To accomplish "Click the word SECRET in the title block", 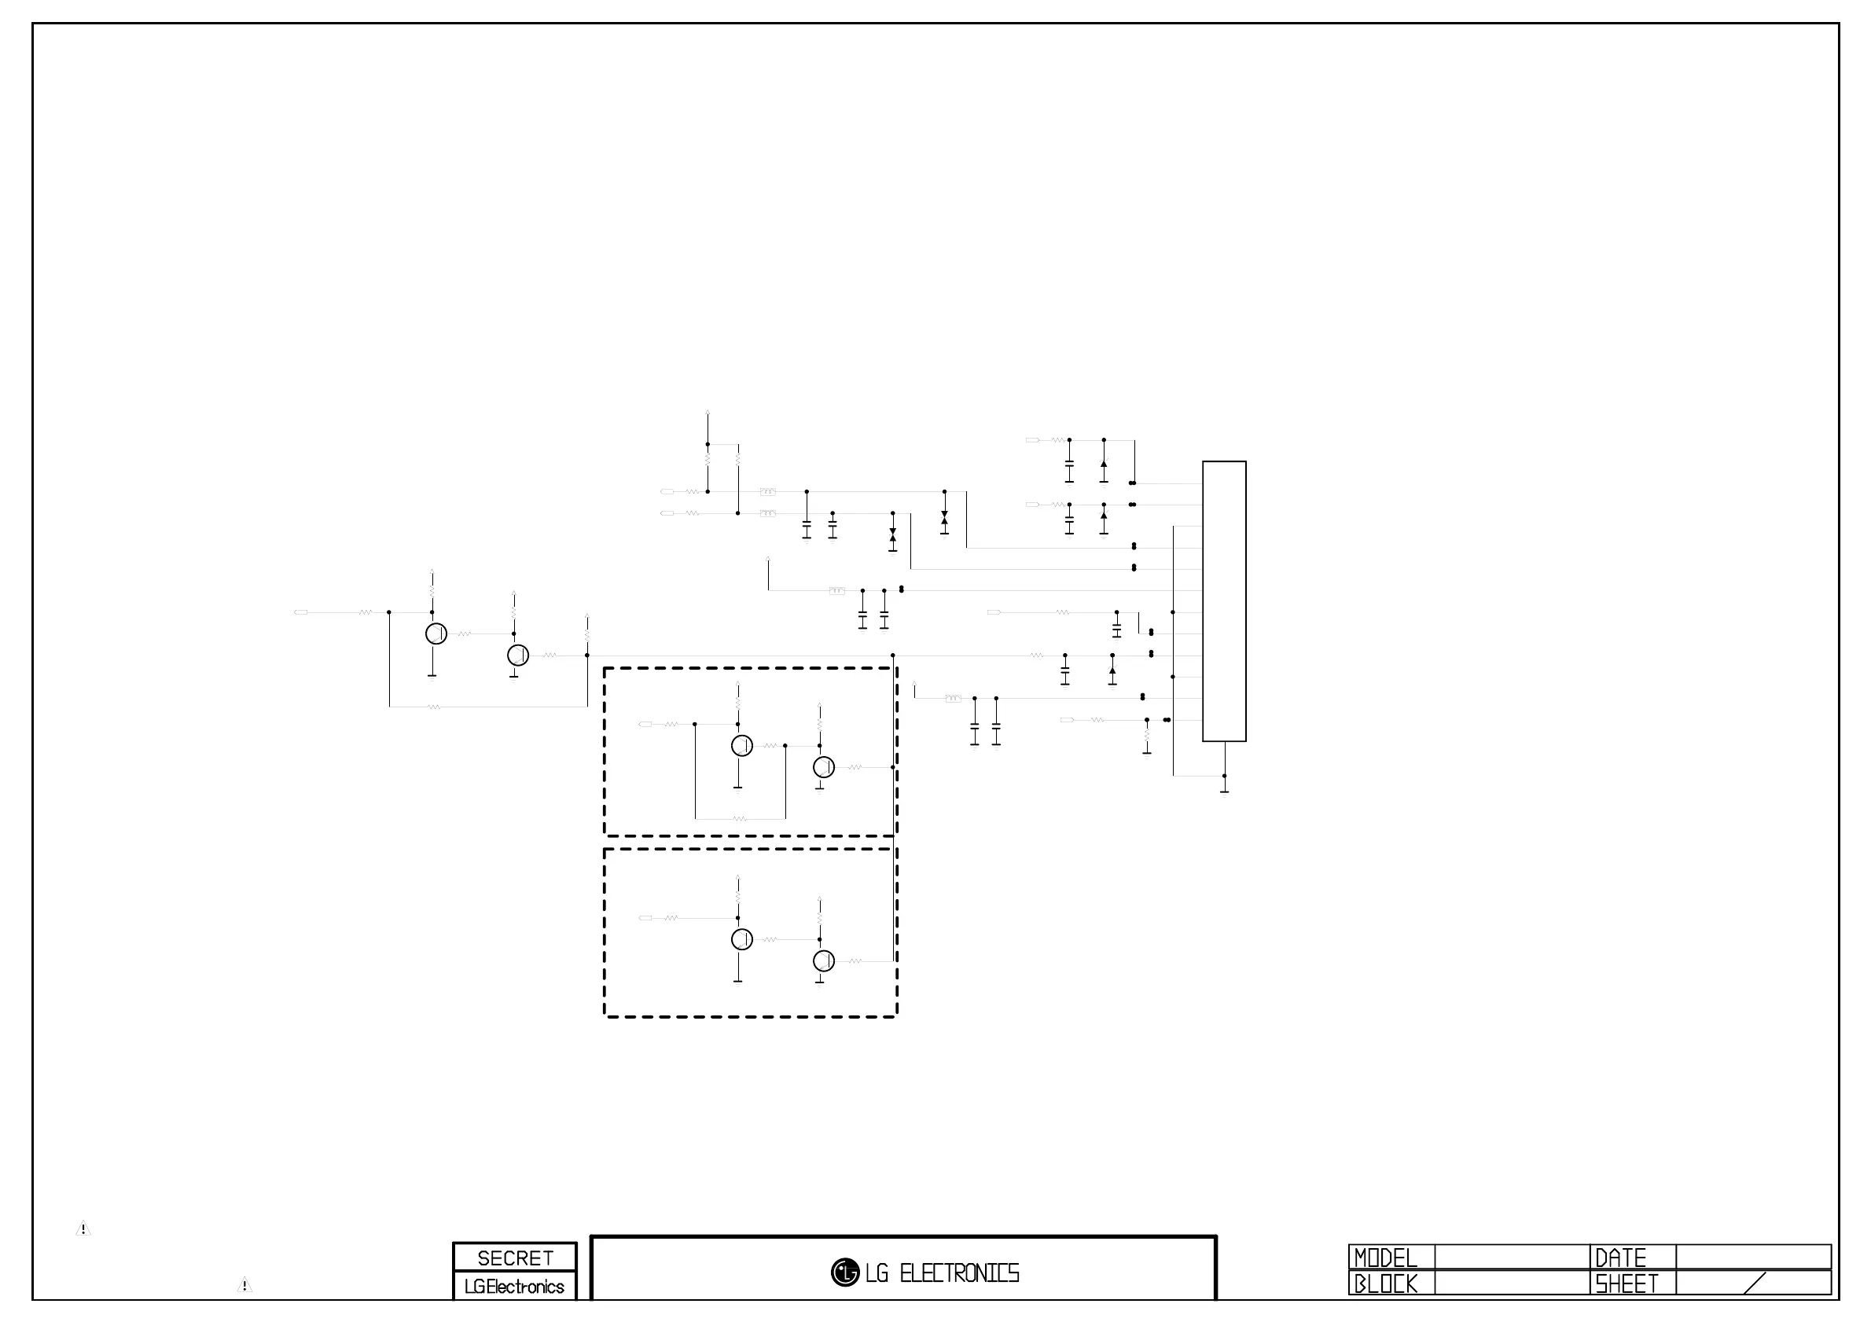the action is click(x=515, y=1258).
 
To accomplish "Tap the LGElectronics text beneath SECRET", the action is click(x=514, y=1287).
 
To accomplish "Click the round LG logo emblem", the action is click(x=845, y=1272).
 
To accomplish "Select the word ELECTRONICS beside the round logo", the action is click(x=959, y=1273).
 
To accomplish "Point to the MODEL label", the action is click(x=1385, y=1258).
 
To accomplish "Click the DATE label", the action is click(x=1620, y=1258).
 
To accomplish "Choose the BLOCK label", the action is click(x=1385, y=1284).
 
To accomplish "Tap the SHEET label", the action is click(x=1627, y=1284).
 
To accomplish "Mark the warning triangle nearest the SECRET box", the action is click(x=244, y=1285).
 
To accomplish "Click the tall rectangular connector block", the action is click(x=1224, y=601).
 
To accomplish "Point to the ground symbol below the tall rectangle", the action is click(x=1224, y=789).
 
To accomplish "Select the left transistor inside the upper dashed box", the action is click(x=741, y=745).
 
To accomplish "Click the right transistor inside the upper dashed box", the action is click(x=824, y=767).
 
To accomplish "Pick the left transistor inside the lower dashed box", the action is click(x=741, y=939).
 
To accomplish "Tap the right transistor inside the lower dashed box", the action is click(x=824, y=961).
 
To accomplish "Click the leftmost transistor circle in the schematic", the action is click(x=436, y=633).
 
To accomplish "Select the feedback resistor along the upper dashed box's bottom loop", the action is click(x=739, y=819).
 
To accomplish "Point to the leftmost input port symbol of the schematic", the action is click(x=300, y=611).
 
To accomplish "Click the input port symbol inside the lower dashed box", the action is click(x=645, y=918).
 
